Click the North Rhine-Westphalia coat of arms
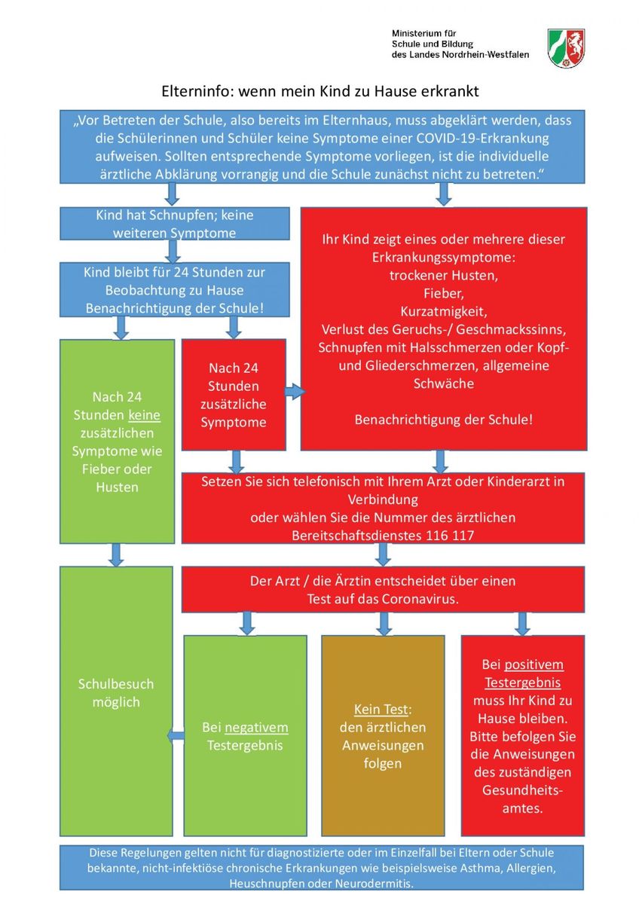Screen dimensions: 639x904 [x=566, y=48]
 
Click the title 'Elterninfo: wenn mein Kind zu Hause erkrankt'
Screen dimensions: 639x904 [x=319, y=91]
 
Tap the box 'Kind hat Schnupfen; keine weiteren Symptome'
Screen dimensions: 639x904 [x=174, y=224]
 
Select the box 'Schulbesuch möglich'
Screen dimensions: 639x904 [x=116, y=701]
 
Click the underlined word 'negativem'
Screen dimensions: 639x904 [x=256, y=727]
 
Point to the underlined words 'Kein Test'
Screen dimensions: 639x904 [x=381, y=709]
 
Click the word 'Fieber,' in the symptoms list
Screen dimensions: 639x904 [x=444, y=293]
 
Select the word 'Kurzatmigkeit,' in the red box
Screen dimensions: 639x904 [x=444, y=312]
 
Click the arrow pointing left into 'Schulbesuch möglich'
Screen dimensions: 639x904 [x=176, y=736]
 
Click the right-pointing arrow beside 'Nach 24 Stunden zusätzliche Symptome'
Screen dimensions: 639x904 [x=295, y=391]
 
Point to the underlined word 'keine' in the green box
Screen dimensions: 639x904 [x=144, y=415]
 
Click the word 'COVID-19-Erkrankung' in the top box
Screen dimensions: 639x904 [x=482, y=139]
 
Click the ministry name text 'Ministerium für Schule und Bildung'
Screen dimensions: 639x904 [x=432, y=38]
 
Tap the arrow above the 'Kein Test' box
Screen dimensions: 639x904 [x=383, y=624]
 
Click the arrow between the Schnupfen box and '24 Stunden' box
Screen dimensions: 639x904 [x=173, y=251]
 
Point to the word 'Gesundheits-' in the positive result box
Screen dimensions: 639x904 [x=522, y=790]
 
